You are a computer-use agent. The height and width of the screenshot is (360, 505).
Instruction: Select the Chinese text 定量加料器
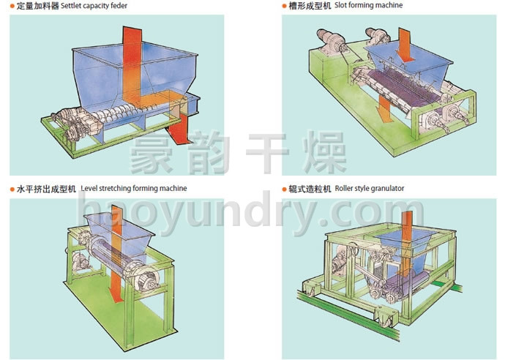(37, 6)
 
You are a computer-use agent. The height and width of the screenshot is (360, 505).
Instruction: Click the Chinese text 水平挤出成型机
(46, 188)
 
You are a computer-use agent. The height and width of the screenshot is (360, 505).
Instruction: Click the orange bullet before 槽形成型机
(285, 7)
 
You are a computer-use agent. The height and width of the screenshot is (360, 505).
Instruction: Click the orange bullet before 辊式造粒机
(285, 189)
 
